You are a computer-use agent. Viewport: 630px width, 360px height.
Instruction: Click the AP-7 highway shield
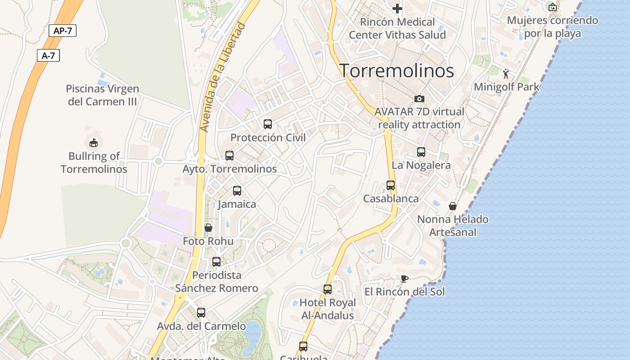click(63, 31)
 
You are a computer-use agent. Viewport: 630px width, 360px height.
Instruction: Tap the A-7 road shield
click(48, 55)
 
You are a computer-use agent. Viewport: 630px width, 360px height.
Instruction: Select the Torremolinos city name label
click(396, 71)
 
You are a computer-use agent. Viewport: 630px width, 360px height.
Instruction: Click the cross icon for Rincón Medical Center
click(397, 8)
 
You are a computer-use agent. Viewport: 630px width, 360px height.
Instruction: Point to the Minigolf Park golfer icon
click(506, 73)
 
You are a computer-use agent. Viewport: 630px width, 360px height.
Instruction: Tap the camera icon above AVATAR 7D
click(419, 99)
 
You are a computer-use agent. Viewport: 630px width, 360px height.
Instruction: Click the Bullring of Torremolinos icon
click(93, 143)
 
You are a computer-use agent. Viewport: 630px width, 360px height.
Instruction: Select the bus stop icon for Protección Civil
click(268, 124)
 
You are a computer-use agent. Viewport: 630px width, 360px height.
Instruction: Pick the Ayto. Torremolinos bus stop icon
click(229, 156)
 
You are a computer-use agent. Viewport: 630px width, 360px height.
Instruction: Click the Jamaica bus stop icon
click(237, 191)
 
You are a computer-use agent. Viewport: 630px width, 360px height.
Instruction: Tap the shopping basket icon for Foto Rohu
click(208, 228)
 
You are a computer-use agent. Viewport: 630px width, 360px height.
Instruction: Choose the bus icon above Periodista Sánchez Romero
click(216, 261)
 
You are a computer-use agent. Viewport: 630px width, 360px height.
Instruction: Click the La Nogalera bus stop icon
click(421, 152)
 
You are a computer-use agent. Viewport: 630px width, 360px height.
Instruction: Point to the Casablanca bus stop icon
click(391, 185)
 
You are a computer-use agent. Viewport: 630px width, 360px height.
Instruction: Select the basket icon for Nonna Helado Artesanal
click(453, 206)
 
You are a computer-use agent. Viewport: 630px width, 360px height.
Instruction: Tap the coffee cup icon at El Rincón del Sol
click(404, 279)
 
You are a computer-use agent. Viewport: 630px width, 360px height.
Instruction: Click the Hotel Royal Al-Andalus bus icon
click(328, 289)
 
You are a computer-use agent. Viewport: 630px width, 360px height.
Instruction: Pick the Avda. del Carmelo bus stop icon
click(201, 312)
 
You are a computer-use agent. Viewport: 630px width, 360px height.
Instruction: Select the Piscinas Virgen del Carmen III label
click(103, 95)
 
